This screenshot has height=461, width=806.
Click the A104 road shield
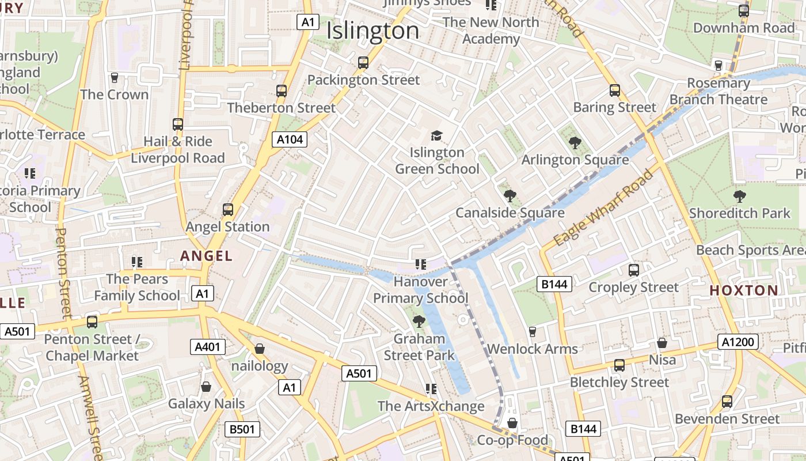[290, 139]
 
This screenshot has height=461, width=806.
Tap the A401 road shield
[207, 346]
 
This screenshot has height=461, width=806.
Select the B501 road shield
[242, 429]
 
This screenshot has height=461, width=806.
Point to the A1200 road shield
[737, 342]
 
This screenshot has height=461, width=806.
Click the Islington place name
[372, 31]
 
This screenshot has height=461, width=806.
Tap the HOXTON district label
[744, 290]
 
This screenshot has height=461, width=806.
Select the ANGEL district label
[206, 256]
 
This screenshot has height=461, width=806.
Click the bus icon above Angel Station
[228, 209]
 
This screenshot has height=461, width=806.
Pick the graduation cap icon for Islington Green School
[437, 135]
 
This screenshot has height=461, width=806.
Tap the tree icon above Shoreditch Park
[740, 197]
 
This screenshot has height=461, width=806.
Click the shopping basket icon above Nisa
[662, 343]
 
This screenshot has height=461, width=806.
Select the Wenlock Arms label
[532, 349]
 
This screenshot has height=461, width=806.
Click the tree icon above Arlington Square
[575, 142]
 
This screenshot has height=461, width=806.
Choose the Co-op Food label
[512, 440]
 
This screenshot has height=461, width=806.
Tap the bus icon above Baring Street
[615, 90]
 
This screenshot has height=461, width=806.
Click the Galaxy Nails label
[206, 403]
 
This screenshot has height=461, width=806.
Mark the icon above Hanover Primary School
[421, 264]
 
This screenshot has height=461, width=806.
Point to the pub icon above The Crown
[114, 78]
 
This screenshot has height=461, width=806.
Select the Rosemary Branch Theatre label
[718, 91]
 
